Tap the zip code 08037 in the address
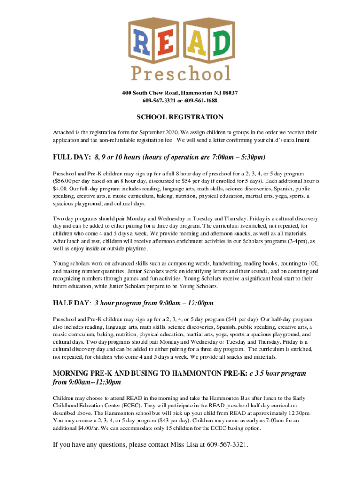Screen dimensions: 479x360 coord(229,94)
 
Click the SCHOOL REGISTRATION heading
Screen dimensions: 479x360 coord(180,117)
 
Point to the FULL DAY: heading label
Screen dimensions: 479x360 coord(72,157)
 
